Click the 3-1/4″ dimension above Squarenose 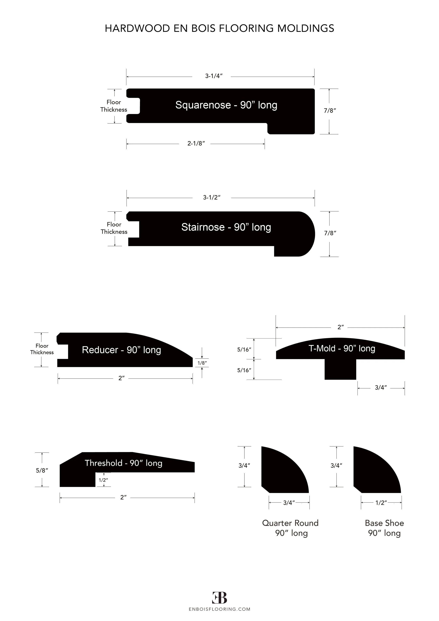(214, 76)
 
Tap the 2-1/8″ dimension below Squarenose (196, 144)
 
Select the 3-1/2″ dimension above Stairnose (212, 197)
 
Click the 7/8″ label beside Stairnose (330, 233)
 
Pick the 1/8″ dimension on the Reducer (202, 363)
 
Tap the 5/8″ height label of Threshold (42, 470)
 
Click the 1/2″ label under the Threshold (103, 480)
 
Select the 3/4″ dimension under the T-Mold (381, 388)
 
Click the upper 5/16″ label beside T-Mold (244, 349)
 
